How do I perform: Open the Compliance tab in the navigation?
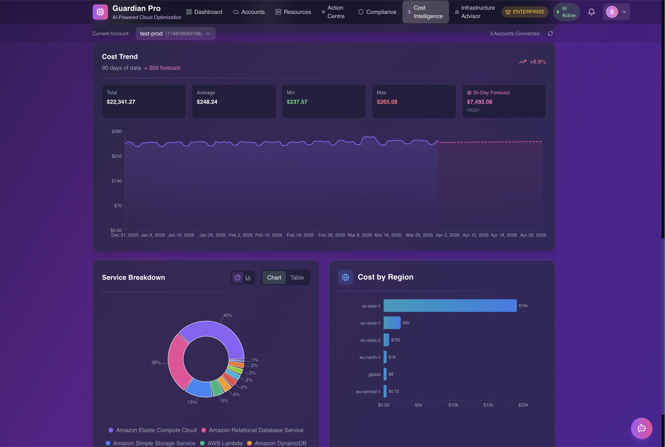(x=377, y=12)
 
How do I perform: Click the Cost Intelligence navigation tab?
(x=425, y=12)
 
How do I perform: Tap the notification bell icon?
(x=591, y=12)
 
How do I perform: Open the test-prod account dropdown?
(x=175, y=34)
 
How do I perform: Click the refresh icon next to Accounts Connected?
(x=550, y=34)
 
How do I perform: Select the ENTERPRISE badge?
(x=525, y=12)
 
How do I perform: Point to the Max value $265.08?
(x=387, y=102)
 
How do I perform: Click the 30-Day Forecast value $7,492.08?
(x=479, y=102)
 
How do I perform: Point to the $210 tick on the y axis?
(x=116, y=156)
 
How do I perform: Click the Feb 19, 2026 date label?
(x=300, y=235)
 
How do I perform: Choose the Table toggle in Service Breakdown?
(x=297, y=278)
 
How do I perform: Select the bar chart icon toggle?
(x=248, y=278)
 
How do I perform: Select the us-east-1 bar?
(x=450, y=306)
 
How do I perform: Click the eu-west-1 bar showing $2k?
(x=392, y=323)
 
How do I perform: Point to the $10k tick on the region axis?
(x=453, y=405)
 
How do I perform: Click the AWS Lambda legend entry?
(x=224, y=443)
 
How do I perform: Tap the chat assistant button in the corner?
(x=641, y=428)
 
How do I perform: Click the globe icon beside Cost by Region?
(x=345, y=277)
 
